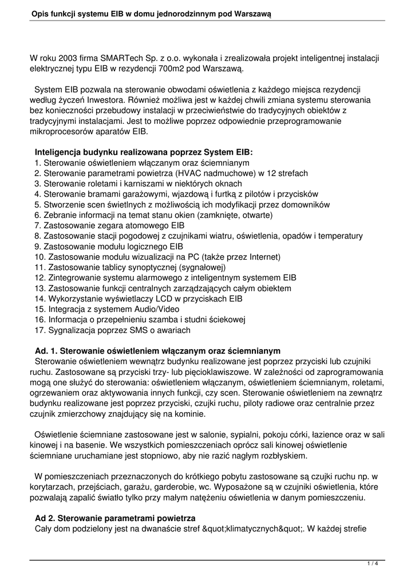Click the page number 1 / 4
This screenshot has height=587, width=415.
[x=373, y=564]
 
